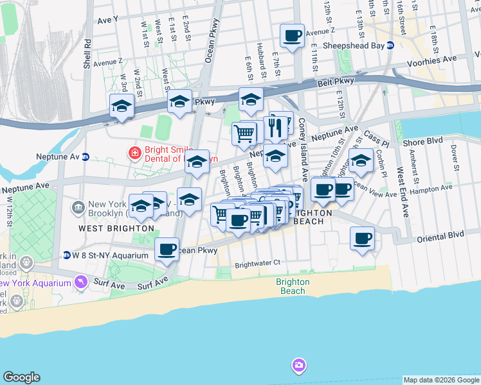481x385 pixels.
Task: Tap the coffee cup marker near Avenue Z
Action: click(x=292, y=36)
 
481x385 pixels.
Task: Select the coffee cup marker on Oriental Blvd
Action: click(x=362, y=239)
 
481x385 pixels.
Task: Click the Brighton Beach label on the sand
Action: click(x=293, y=286)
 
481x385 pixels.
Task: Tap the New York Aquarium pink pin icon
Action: click(x=80, y=282)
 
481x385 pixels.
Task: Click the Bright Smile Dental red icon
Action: click(x=134, y=153)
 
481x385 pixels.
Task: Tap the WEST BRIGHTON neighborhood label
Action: click(x=116, y=228)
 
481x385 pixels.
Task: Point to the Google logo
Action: click(x=21, y=377)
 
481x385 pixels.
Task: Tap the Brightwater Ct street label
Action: click(x=258, y=263)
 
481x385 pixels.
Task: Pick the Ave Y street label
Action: click(x=107, y=20)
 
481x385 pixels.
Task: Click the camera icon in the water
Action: click(x=298, y=365)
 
